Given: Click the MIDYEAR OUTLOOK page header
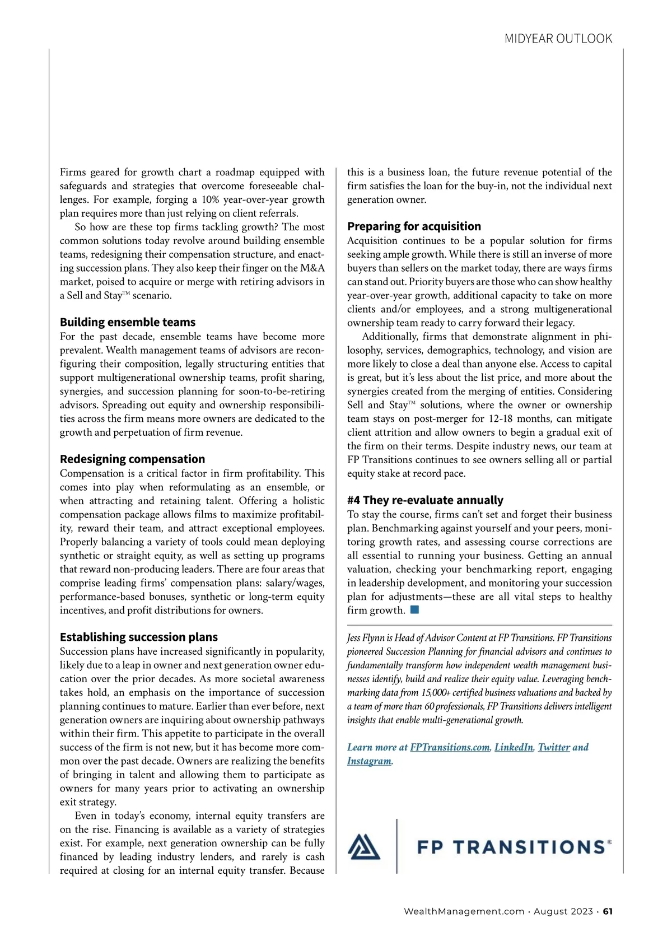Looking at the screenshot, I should coord(558,39).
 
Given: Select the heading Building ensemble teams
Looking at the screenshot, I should coord(128,322).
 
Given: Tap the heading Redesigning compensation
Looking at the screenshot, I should coord(132,459).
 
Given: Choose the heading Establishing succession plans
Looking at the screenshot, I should coord(139,637).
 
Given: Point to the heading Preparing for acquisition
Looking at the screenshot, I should coord(414,226).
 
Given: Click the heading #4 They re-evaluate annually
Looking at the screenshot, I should coord(425,500).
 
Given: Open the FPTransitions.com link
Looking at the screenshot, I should coord(450,747).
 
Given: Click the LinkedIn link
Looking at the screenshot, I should coord(514,747).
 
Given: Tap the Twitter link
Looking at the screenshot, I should coord(554,747).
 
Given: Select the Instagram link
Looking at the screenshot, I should coord(369,761).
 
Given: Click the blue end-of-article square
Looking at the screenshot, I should coord(414,609).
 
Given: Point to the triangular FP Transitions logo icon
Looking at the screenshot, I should coord(364,846).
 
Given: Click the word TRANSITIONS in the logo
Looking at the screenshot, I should coord(529,847).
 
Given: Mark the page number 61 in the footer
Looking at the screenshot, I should coord(608,911).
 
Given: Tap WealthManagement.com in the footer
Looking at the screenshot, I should coord(464,911).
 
